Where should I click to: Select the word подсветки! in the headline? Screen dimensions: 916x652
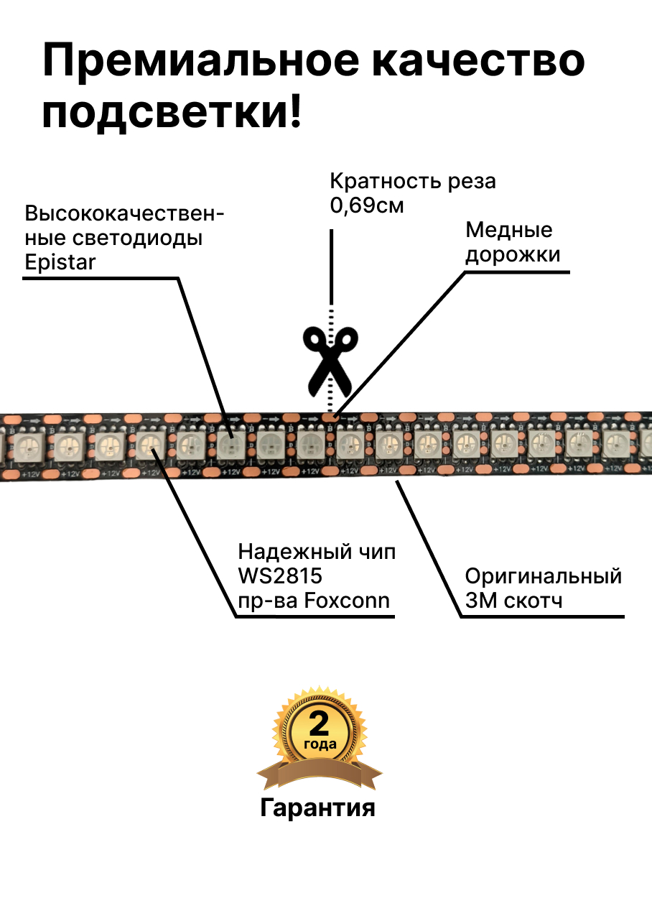coord(172,114)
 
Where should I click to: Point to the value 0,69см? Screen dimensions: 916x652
coord(367,205)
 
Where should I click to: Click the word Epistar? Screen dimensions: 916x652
coord(60,262)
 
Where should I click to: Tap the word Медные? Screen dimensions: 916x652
coord(509,230)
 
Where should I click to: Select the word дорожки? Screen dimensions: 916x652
coord(513,254)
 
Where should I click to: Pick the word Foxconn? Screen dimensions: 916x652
coord(347,600)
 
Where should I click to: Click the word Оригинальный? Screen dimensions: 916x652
coord(544,576)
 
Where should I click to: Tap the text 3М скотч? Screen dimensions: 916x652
coord(513,600)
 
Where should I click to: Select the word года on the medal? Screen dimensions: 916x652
coord(320,744)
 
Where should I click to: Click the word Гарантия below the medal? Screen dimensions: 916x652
coord(317,808)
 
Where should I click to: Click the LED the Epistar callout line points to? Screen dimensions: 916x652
coord(230,446)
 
